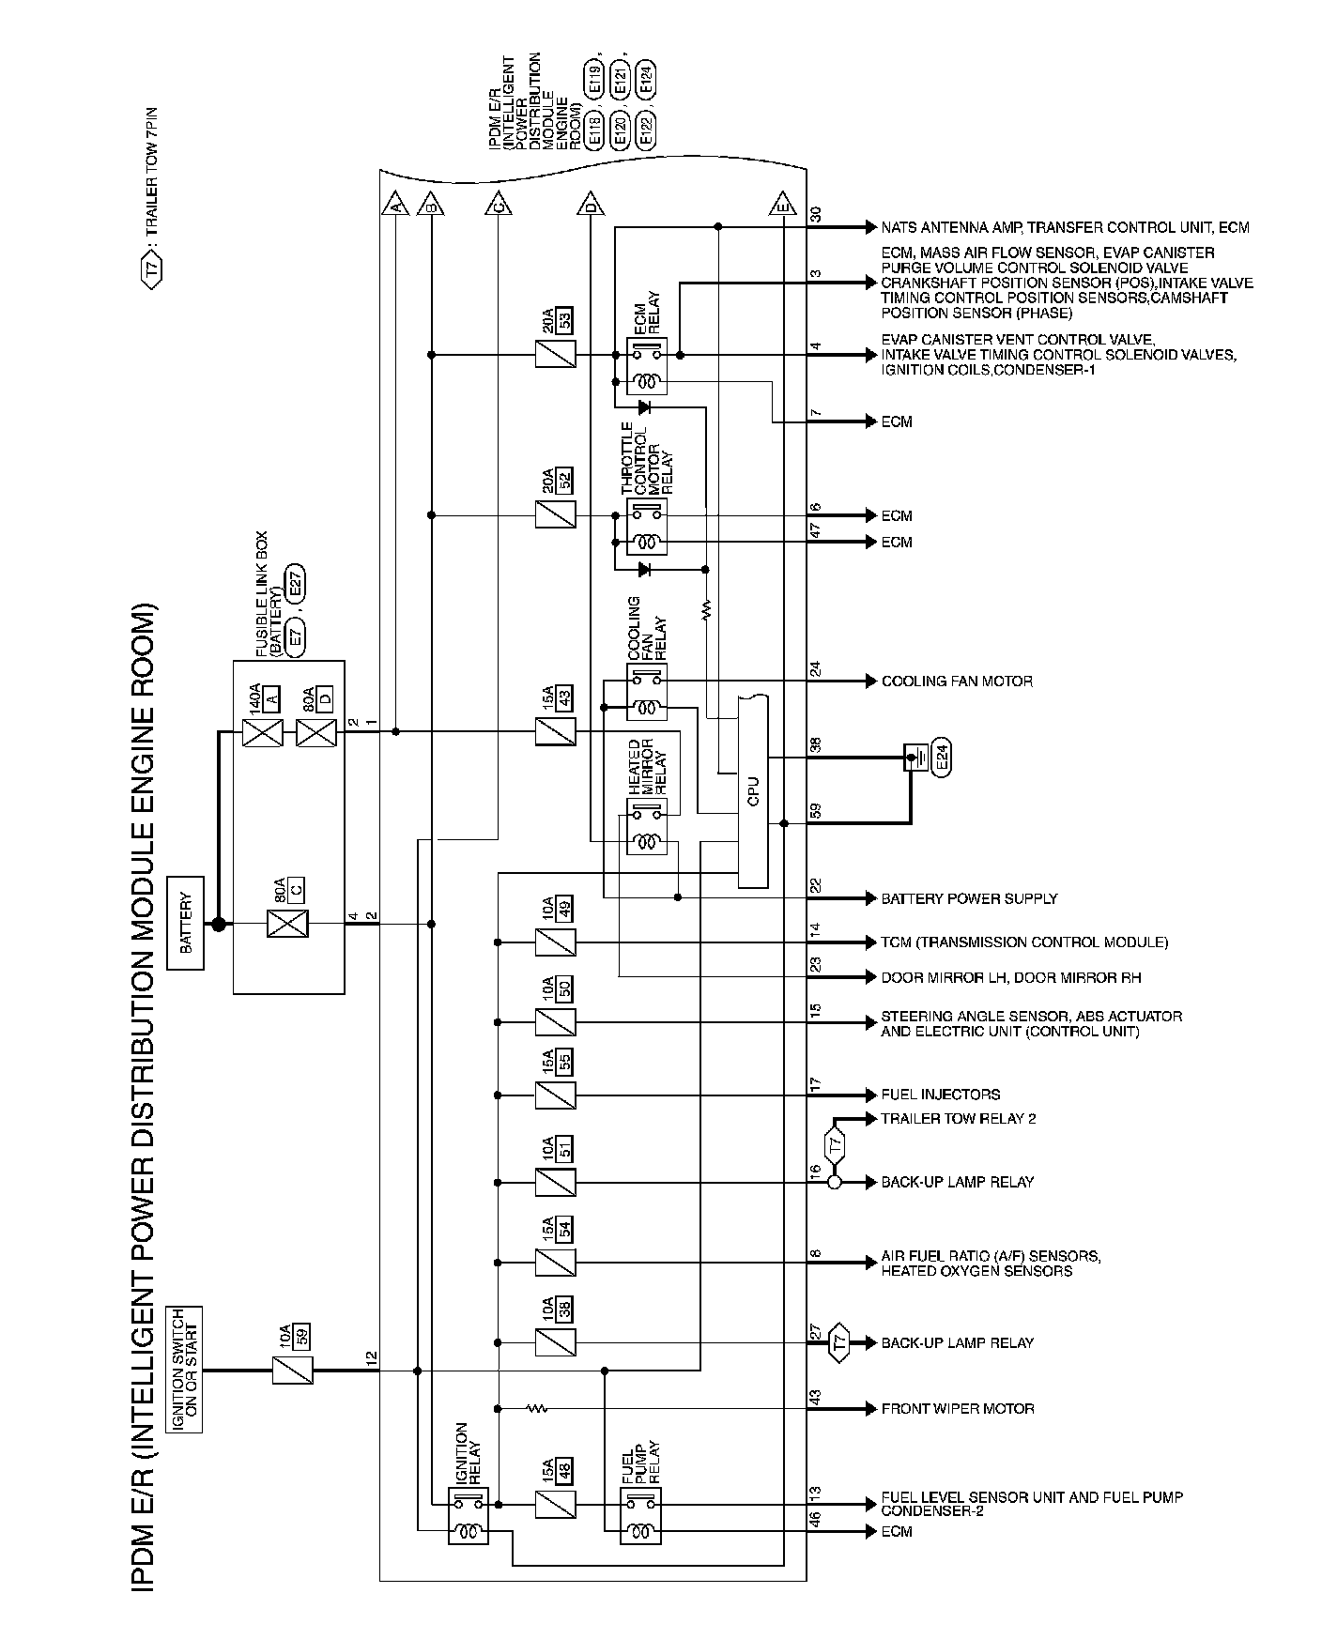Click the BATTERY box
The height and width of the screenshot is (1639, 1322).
click(x=185, y=923)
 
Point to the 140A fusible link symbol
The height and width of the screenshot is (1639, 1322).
click(x=262, y=731)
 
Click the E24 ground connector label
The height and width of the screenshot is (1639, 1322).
click(x=942, y=757)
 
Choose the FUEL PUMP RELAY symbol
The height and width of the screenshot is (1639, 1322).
click(x=640, y=1516)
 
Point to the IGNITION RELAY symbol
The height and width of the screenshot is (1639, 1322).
click(x=469, y=1516)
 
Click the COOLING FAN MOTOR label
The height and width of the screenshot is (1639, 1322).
click(x=956, y=682)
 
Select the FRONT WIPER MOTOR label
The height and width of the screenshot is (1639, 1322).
click(x=957, y=1409)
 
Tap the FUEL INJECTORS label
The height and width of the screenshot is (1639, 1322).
click(x=940, y=1095)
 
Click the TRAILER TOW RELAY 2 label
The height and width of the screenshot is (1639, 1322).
click(x=958, y=1119)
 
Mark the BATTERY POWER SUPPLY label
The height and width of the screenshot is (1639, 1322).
click(x=968, y=899)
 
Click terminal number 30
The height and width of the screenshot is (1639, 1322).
click(x=815, y=214)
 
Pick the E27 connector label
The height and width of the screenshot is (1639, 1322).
click(x=296, y=589)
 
